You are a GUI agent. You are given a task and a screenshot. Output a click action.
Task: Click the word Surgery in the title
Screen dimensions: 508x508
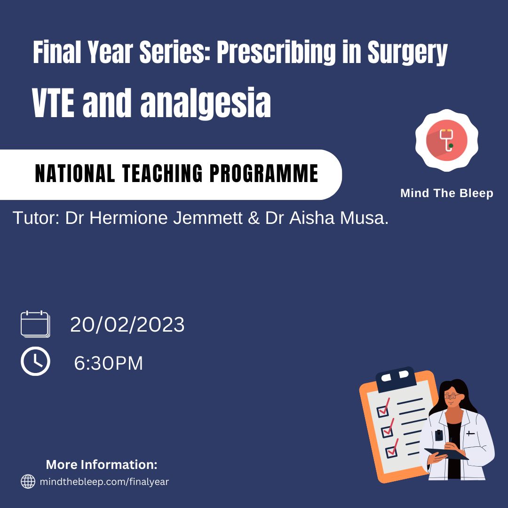coord(407,53)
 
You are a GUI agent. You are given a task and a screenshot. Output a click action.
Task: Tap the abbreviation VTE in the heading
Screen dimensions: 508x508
coord(53,103)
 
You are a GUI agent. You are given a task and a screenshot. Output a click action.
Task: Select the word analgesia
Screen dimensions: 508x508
coord(206,103)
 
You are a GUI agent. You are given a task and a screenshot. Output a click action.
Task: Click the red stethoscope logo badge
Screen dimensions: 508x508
coord(447,140)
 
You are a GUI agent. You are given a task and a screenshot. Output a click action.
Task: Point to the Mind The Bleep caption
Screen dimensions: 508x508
coord(447,193)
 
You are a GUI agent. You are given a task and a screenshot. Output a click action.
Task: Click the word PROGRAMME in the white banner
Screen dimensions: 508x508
coord(264,173)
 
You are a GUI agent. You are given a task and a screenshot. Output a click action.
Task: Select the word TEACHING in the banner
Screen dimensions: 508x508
coord(162,173)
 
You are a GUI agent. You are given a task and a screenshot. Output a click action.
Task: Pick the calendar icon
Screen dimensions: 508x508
coord(35,324)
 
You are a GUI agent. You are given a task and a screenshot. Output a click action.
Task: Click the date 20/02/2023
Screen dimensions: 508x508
coord(127,324)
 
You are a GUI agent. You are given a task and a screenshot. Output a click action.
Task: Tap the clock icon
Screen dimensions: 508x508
coord(35,361)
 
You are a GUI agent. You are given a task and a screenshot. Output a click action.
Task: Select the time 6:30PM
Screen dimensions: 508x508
coord(109,363)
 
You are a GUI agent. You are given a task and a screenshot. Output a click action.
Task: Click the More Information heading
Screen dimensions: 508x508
coord(102,465)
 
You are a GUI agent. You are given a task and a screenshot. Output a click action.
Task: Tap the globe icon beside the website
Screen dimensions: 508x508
coord(28,482)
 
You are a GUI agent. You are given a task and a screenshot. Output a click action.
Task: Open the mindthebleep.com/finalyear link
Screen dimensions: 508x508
coord(104,482)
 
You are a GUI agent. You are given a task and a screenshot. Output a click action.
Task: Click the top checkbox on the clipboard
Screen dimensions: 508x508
coord(384,410)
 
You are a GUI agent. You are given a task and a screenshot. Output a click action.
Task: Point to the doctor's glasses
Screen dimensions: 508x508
coord(451,396)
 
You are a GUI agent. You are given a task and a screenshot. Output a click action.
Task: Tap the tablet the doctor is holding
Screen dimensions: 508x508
coord(446,453)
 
